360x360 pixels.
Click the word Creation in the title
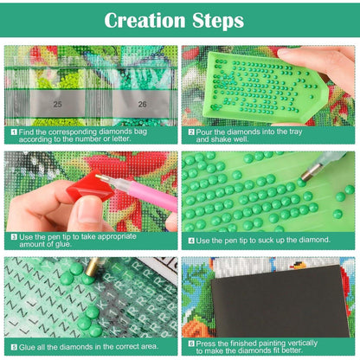(145, 21)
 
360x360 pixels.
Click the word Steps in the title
(218, 21)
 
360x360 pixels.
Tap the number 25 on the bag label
(58, 104)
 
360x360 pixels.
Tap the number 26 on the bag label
(142, 104)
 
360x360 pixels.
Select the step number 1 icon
(14, 132)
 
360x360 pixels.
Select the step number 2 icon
(191, 132)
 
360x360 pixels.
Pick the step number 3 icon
(14, 237)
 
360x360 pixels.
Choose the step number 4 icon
(191, 241)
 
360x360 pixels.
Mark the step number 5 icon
(14, 347)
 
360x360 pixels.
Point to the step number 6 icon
(191, 344)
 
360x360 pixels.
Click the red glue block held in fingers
(90, 186)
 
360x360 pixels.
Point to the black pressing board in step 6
(280, 301)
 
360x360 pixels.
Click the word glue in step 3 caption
(62, 244)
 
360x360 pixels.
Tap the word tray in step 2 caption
(295, 132)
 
